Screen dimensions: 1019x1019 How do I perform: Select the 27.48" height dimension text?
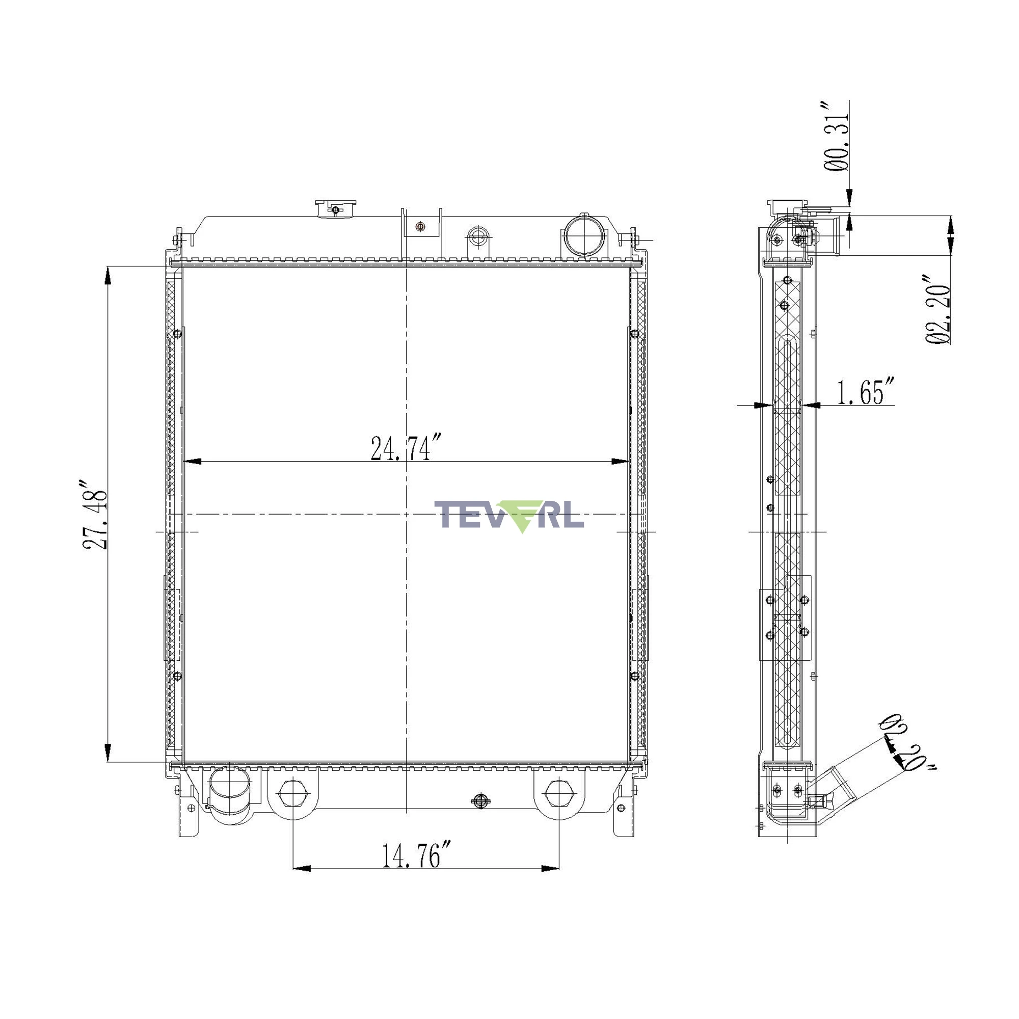click(x=95, y=515)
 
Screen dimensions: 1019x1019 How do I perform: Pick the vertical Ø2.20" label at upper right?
click(x=938, y=309)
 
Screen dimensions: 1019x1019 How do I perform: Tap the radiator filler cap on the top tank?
click(x=335, y=209)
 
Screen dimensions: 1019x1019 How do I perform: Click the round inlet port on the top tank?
click(x=584, y=235)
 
